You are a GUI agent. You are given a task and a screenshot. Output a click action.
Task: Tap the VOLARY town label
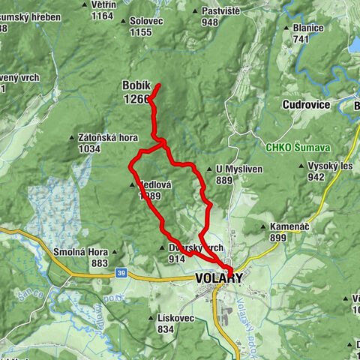tap(218, 278)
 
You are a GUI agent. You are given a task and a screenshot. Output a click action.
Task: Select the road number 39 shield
tap(121, 274)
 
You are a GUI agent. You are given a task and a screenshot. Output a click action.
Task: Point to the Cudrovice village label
tap(306, 105)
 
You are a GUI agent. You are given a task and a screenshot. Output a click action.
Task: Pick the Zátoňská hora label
tap(108, 138)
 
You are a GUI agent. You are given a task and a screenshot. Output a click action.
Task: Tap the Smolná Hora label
tap(80, 252)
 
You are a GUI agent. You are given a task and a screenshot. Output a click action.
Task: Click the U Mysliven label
tap(238, 169)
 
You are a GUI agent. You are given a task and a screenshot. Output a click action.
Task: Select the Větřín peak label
tap(103, 4)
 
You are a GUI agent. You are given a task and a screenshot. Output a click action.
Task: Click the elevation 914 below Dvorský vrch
tap(177, 259)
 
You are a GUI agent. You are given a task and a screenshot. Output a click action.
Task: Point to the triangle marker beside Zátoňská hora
tap(73, 139)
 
